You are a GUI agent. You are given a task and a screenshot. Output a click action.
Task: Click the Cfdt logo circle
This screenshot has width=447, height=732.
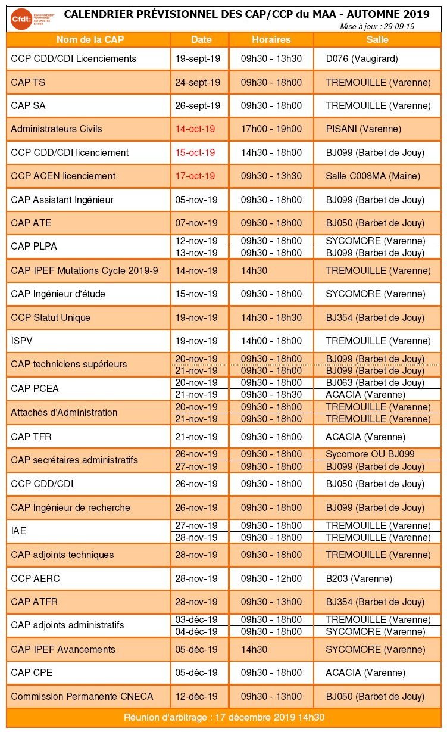click(21, 19)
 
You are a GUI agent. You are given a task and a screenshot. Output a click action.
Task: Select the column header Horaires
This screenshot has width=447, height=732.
click(271, 39)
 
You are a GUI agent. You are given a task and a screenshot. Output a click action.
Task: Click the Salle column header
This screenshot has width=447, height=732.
click(377, 39)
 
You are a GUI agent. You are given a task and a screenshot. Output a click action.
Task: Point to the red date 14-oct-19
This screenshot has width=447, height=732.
click(195, 129)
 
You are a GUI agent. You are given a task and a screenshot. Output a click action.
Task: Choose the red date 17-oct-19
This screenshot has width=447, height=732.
click(195, 176)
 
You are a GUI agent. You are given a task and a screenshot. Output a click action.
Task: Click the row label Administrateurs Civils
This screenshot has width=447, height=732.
click(56, 129)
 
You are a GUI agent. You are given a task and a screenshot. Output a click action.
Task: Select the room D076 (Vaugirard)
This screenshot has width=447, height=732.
click(362, 58)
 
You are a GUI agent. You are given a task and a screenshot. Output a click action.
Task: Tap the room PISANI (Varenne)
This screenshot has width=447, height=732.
click(364, 129)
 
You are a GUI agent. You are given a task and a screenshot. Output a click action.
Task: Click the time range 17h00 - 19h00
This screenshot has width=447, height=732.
click(271, 129)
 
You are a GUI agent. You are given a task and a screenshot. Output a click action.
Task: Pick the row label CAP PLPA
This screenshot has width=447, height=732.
click(34, 246)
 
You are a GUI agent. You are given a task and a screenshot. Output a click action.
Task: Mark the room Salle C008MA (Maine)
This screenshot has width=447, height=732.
click(373, 176)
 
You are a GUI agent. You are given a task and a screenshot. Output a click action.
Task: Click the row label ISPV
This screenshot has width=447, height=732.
click(21, 341)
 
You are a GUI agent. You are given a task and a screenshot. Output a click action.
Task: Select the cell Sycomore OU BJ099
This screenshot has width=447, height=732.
click(370, 454)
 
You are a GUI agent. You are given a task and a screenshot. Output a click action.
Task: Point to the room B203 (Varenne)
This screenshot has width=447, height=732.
click(359, 578)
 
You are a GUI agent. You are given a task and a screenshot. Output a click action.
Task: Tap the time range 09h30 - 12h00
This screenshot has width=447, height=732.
click(271, 578)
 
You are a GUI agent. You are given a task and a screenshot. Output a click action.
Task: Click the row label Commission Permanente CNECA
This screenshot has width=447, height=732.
click(82, 696)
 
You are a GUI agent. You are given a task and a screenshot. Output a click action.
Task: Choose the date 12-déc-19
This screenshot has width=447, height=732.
click(196, 696)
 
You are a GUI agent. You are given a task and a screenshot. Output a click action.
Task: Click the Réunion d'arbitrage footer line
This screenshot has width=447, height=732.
click(224, 717)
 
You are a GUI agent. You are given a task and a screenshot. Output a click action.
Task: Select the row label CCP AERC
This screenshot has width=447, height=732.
click(35, 578)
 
